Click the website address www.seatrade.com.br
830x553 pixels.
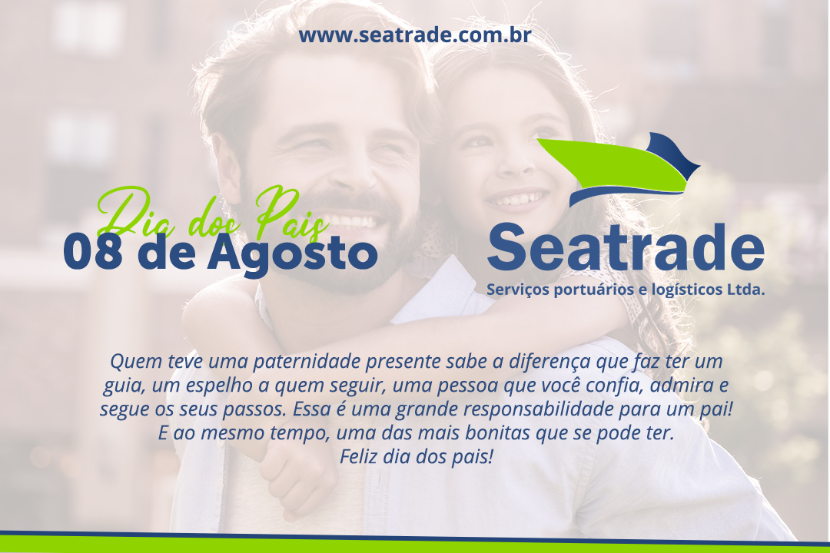414,35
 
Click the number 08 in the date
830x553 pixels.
93,252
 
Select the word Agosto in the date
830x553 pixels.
292,254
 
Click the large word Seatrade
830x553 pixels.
626,247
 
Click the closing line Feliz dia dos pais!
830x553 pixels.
416,456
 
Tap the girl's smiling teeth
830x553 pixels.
516,200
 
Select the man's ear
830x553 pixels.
227,169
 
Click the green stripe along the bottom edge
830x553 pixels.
415,545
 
